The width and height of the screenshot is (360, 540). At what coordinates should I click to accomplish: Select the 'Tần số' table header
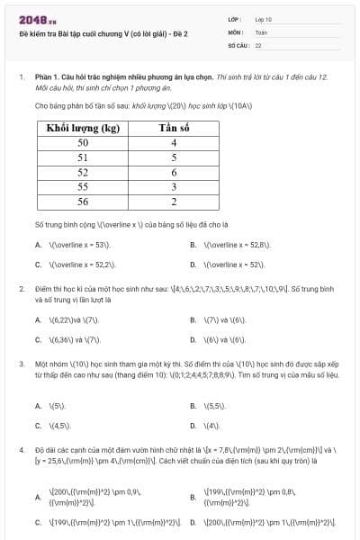click(x=174, y=128)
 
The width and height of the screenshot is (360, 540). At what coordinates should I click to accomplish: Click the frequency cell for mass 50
click(x=174, y=142)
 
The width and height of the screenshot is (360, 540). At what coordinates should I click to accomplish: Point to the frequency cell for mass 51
click(x=174, y=157)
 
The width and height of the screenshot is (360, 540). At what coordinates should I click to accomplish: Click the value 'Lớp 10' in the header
click(x=263, y=19)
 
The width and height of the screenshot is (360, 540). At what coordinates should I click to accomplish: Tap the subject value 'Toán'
click(x=261, y=31)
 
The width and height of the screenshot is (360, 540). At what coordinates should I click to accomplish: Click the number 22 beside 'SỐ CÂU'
click(x=258, y=44)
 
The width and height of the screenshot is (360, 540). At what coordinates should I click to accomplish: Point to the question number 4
click(x=21, y=447)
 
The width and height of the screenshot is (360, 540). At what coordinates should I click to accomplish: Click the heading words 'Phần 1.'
click(x=46, y=77)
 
